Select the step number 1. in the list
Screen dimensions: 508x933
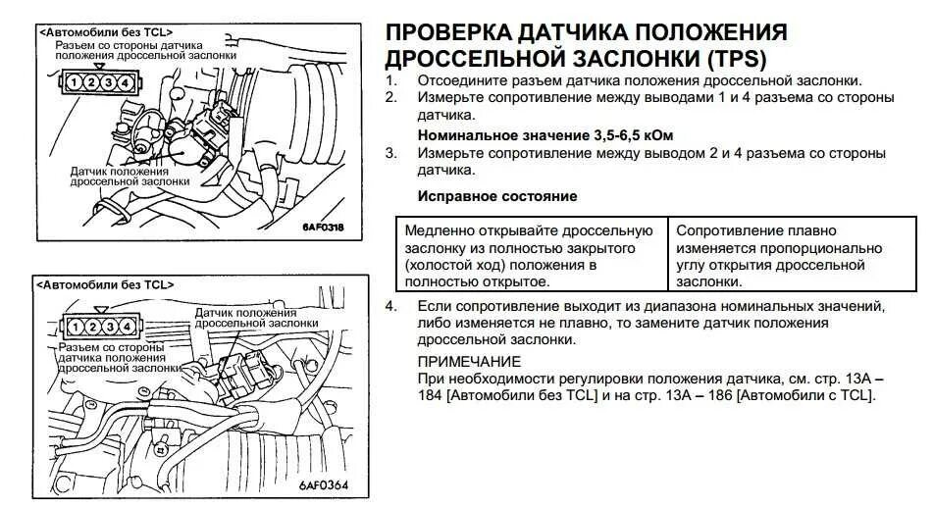coord(390,80)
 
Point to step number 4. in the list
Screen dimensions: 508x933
coord(390,307)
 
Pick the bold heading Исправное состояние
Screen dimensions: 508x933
coord(497,196)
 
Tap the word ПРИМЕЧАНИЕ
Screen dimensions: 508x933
coord(469,361)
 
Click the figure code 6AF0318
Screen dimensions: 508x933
coord(323,228)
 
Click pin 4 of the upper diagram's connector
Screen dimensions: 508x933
coord(126,82)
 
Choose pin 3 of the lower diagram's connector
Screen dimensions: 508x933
coord(108,326)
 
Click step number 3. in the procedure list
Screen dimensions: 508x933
coord(390,154)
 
